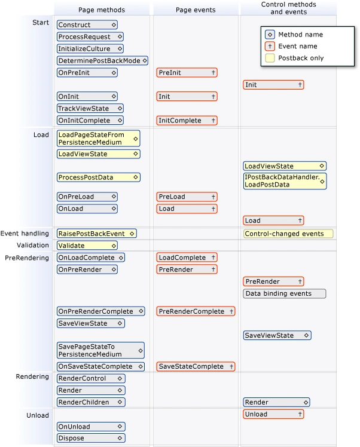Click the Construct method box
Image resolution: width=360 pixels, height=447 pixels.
pyautogui.click(x=87, y=25)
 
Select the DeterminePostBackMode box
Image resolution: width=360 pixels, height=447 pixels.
pyautogui.click(x=102, y=61)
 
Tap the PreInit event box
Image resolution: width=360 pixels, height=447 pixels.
pyautogui.click(x=187, y=73)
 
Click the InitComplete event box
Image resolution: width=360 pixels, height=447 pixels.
pyautogui.click(x=187, y=121)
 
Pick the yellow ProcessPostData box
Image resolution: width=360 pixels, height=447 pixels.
pyautogui.click(x=98, y=177)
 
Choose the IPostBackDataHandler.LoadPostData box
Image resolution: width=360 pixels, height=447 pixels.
pyautogui.click(x=285, y=181)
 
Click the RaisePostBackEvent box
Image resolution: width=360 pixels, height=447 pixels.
pyautogui.click(x=96, y=234)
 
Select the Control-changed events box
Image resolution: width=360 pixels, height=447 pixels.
pyautogui.click(x=288, y=234)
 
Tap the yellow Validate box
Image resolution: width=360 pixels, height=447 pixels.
pyautogui.click(x=87, y=246)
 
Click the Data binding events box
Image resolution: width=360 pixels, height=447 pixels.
pyautogui.click(x=284, y=293)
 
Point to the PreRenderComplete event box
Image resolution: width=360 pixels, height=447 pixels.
pyautogui.click(x=196, y=311)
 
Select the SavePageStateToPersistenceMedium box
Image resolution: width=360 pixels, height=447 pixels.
pyautogui.click(x=100, y=350)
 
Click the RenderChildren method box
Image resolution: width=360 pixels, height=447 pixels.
pyautogui.click(x=91, y=402)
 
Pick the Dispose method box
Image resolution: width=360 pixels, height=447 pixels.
pyautogui.click(x=91, y=438)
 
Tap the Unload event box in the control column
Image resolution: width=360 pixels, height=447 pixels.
pyautogui.click(x=273, y=414)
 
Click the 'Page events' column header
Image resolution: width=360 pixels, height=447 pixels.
pyautogui.click(x=196, y=10)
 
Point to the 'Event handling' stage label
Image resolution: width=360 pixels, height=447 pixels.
pyautogui.click(x=25, y=234)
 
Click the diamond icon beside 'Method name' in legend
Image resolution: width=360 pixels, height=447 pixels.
pyautogui.click(x=270, y=35)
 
